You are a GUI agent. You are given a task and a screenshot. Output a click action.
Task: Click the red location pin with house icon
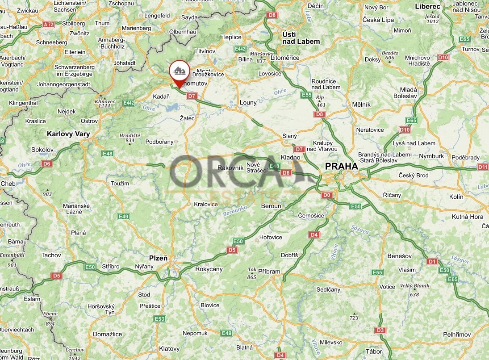point(179,71)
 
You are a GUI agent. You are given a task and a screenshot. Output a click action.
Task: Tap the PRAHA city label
point(341,166)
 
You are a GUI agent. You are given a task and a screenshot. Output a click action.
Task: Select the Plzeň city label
point(158,258)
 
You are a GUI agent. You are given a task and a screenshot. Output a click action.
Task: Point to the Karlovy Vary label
point(68,134)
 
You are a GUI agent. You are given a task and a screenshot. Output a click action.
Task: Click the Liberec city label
point(427,6)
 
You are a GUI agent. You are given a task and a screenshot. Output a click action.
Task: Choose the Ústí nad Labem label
point(301,38)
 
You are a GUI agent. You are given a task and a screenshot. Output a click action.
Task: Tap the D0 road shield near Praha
point(326,195)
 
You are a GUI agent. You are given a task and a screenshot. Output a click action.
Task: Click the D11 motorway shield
point(483,167)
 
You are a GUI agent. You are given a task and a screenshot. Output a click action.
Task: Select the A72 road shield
point(49,24)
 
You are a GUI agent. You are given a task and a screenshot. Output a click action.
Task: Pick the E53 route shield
point(159,318)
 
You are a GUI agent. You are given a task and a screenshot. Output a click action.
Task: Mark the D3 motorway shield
point(380,331)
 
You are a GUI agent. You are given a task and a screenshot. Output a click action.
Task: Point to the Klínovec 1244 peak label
point(105,104)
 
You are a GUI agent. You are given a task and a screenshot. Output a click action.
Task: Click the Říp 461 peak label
point(320,100)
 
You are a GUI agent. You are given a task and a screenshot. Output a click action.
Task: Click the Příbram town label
point(269,271)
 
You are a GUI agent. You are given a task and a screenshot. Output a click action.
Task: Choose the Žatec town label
point(187,118)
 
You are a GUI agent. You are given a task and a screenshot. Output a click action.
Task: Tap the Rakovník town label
point(230,167)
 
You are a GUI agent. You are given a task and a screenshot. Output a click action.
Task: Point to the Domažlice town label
point(107,334)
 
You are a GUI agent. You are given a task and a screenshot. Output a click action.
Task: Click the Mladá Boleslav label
point(405,92)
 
